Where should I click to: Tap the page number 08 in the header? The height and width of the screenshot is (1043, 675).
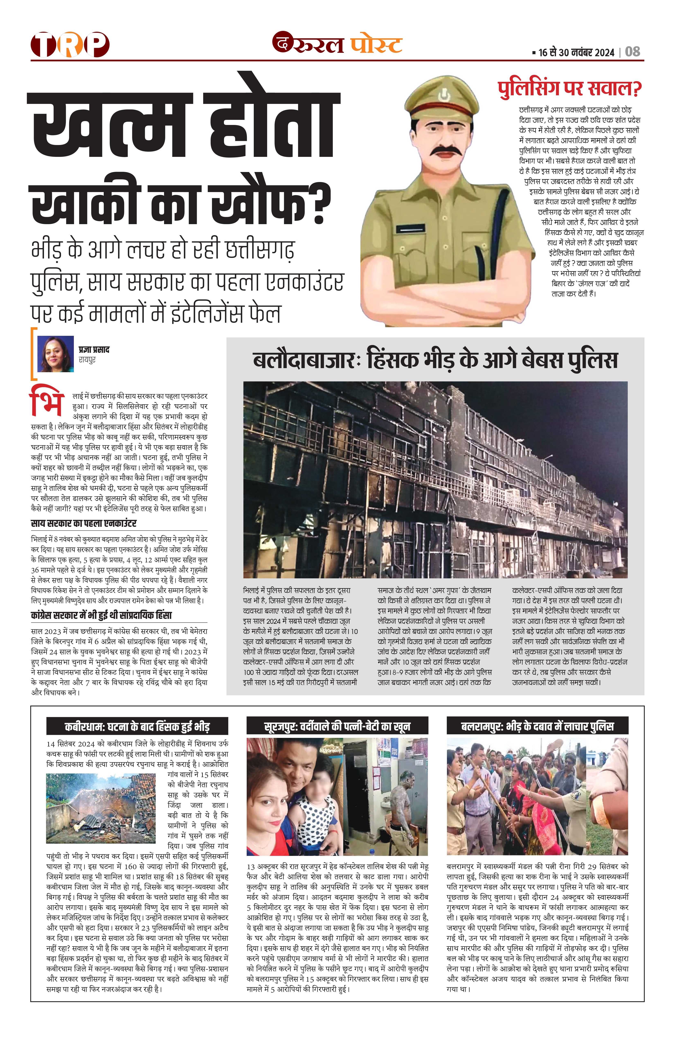pyautogui.click(x=632, y=52)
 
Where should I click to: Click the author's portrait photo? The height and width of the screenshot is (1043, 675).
pyautogui.click(x=56, y=354)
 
